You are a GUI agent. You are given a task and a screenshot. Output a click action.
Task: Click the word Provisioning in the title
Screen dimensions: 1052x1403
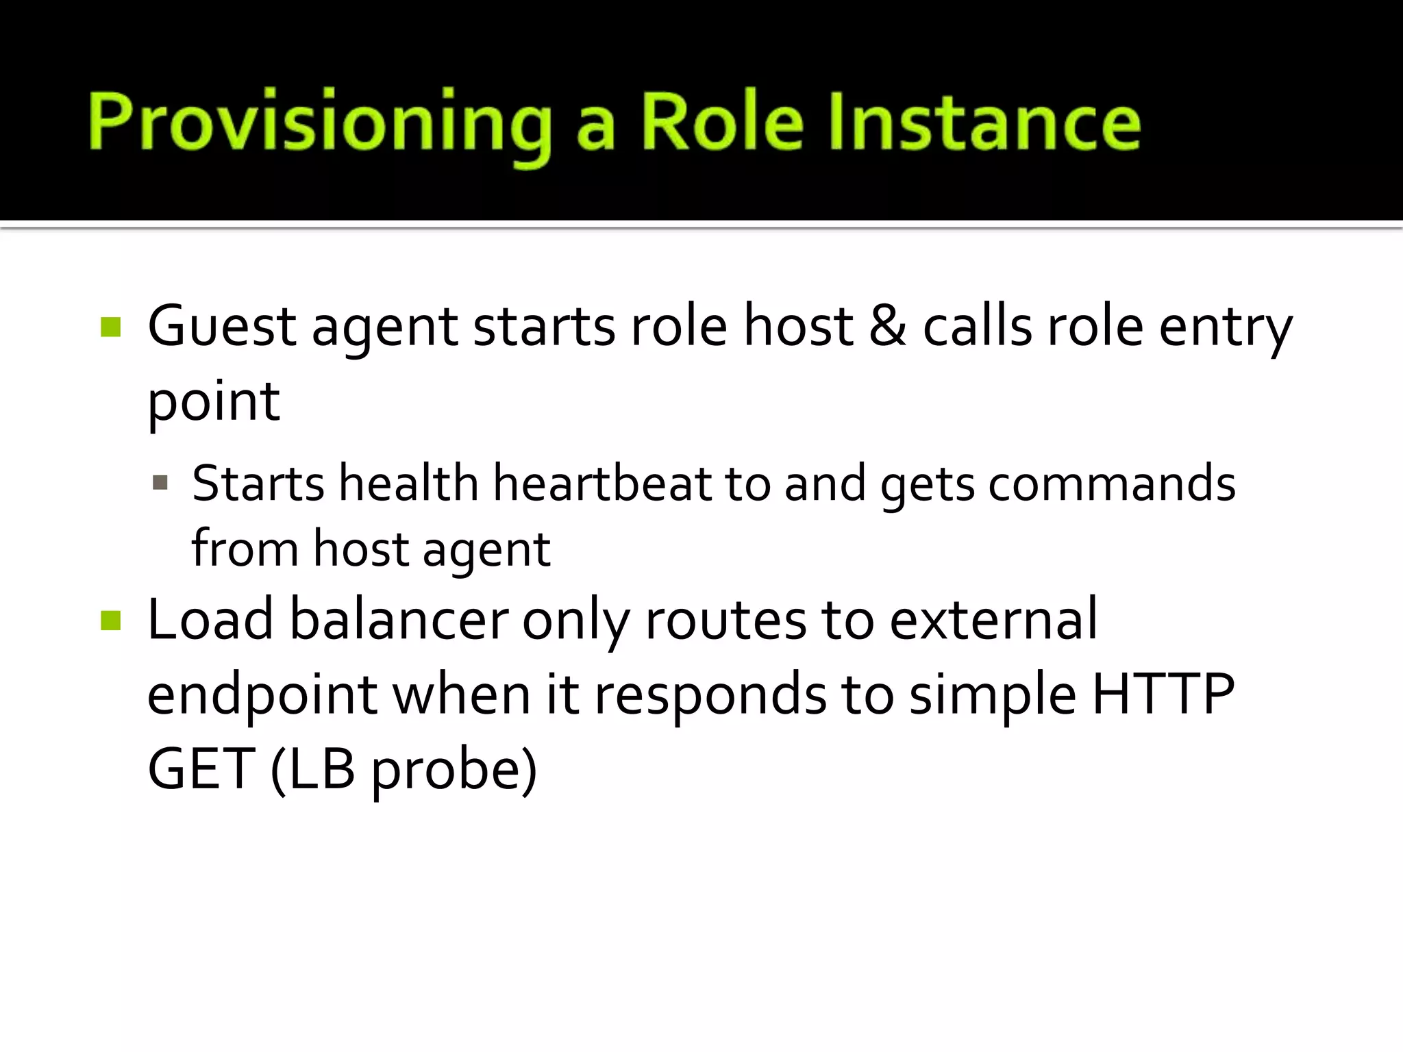[x=319, y=123]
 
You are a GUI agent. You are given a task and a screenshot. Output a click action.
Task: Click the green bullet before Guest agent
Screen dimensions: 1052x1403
[x=110, y=327]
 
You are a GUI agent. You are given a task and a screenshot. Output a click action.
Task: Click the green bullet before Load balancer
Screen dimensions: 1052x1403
[x=110, y=621]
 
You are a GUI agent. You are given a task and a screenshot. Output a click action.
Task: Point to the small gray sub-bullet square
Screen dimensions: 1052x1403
[x=160, y=484]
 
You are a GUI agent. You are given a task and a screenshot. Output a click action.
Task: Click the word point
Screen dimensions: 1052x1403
[x=213, y=403]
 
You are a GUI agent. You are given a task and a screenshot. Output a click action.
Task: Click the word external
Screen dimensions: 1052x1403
[x=993, y=620]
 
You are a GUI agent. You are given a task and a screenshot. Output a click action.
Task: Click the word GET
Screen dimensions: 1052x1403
[x=201, y=769]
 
